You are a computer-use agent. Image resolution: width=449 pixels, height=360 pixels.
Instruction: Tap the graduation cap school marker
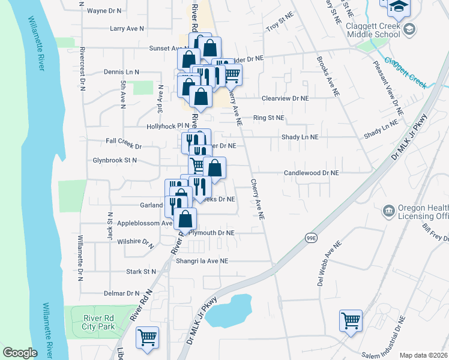tap(398, 6)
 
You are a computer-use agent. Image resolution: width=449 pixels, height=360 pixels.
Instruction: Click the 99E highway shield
tap(310, 237)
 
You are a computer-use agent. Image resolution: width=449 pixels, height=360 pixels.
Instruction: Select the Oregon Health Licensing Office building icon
tap(388, 211)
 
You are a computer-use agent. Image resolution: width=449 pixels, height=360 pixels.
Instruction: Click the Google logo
tap(20, 353)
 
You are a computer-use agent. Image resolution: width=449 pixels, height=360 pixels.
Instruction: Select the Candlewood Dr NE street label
tap(312, 173)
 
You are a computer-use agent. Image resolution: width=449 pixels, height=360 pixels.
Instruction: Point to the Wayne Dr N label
tap(104, 11)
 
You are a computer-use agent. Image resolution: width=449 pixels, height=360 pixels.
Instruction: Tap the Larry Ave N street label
tap(127, 28)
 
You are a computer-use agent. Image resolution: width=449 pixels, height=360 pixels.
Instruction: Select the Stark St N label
tap(142, 272)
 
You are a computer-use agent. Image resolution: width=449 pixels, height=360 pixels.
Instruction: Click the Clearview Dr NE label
tap(285, 98)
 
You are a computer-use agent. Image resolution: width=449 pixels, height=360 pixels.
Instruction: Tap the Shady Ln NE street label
tap(300, 137)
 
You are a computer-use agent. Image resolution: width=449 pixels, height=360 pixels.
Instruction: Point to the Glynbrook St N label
tap(115, 160)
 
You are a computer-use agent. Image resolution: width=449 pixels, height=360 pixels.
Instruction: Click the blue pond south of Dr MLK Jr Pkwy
tap(228, 310)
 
